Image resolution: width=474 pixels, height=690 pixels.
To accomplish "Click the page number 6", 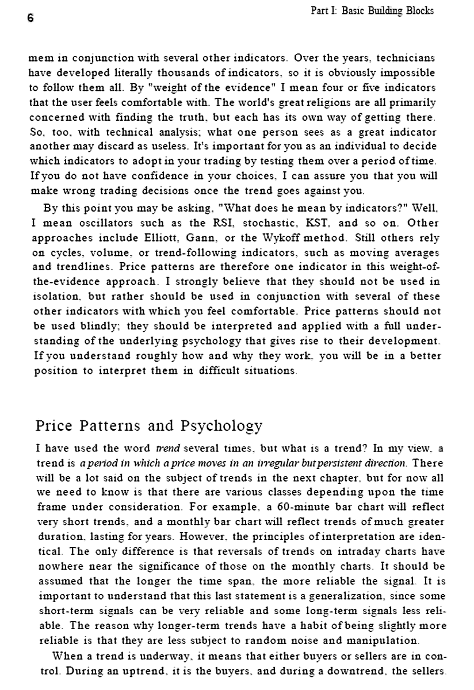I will coord(30,18).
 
